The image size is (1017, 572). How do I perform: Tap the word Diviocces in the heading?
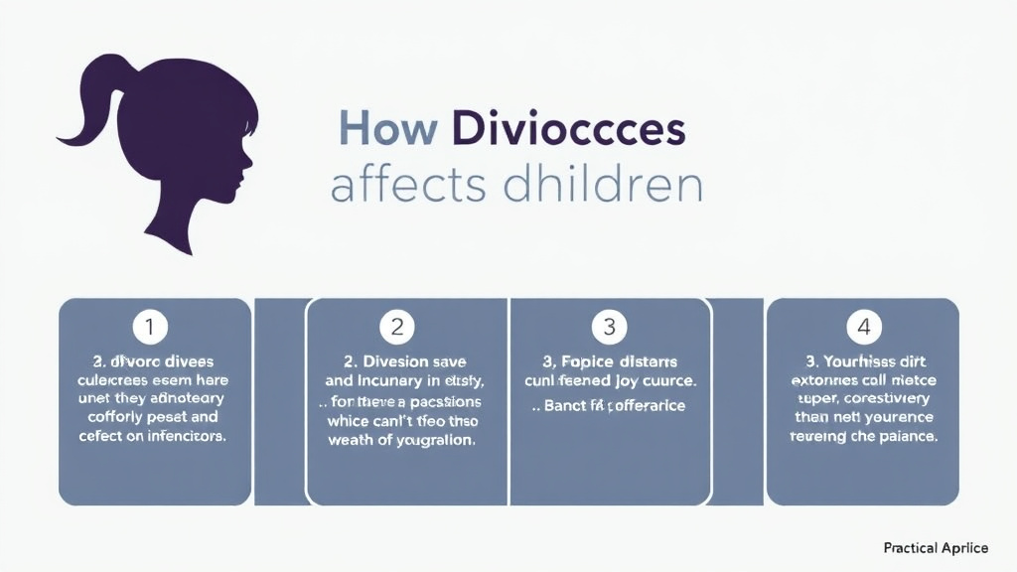pos(567,130)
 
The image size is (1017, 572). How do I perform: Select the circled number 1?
pos(150,326)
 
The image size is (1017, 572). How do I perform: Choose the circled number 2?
pos(397,326)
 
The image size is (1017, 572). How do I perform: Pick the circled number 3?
pos(609,326)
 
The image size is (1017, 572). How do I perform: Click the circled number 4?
pos(863,326)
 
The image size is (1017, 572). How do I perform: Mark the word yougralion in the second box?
pos(429,441)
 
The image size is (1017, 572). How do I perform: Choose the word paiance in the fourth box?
pos(906,436)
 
